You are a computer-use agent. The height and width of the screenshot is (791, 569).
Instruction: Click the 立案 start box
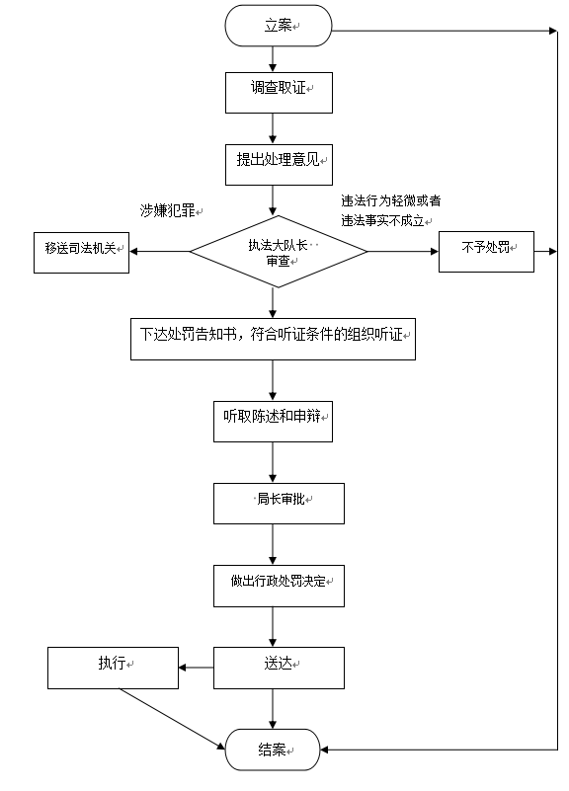tap(279, 26)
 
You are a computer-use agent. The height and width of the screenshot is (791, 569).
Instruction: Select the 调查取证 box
tap(279, 93)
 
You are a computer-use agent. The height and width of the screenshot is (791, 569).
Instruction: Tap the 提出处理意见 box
tap(279, 165)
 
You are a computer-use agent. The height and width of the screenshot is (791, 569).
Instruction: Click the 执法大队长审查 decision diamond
tap(279, 252)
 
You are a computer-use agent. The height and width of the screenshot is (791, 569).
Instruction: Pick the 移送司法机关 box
tap(81, 253)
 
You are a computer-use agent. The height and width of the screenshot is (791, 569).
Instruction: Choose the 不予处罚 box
tap(486, 252)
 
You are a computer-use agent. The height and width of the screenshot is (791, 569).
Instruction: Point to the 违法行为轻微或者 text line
tap(391, 200)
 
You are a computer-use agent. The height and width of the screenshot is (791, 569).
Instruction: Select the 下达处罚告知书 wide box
tap(273, 339)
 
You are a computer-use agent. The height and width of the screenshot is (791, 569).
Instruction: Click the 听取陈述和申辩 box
tap(273, 422)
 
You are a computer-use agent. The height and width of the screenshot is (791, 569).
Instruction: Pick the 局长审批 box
tap(279, 504)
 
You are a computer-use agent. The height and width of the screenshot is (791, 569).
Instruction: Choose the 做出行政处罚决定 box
tap(279, 586)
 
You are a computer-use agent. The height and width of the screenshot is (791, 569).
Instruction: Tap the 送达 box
tap(279, 668)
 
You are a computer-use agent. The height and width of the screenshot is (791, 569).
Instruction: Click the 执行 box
tap(113, 668)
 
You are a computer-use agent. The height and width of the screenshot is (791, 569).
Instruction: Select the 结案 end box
tap(273, 750)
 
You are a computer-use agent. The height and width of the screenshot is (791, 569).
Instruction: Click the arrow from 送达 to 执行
tap(197, 668)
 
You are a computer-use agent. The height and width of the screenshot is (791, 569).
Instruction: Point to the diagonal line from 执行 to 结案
tap(172, 718)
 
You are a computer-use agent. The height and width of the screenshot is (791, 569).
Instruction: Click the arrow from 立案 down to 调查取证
tap(273, 59)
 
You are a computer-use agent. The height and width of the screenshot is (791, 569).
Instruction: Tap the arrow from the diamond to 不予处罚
tap(403, 251)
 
